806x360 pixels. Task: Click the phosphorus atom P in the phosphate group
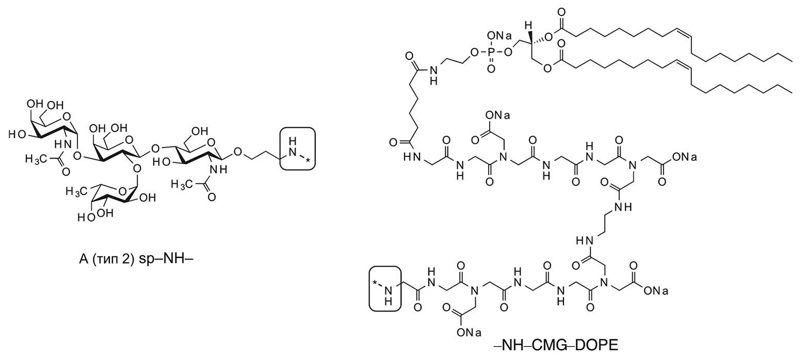(491, 53)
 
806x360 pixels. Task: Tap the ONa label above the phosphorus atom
(498, 36)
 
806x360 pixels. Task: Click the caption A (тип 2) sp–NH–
(136, 259)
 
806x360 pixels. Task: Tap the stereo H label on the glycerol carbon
(528, 26)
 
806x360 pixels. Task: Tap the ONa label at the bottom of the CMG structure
(469, 333)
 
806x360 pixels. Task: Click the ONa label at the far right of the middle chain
(685, 157)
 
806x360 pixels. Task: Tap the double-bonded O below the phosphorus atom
(491, 68)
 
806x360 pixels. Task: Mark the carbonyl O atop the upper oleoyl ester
(561, 12)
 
